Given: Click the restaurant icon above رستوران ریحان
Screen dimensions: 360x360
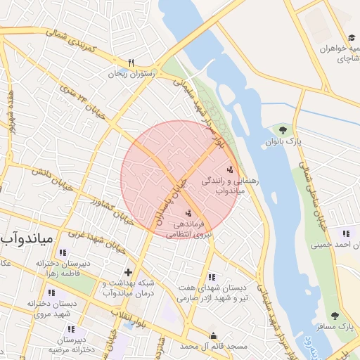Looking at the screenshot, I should (131, 62).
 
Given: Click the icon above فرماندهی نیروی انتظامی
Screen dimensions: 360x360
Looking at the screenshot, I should (188, 213).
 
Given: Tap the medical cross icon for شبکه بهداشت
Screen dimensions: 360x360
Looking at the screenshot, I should (127, 272).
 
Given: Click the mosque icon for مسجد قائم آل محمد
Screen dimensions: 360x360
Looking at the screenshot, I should (214, 335).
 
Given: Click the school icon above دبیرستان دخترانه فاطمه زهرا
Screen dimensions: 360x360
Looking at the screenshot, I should (63, 252).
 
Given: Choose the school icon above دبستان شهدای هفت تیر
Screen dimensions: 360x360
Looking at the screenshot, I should (212, 277).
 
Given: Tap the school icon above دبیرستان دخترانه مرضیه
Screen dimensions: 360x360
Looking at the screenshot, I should (70, 329).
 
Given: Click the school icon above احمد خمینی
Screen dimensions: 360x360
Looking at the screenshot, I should (345, 234).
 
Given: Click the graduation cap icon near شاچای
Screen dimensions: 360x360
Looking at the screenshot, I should (351, 39).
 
